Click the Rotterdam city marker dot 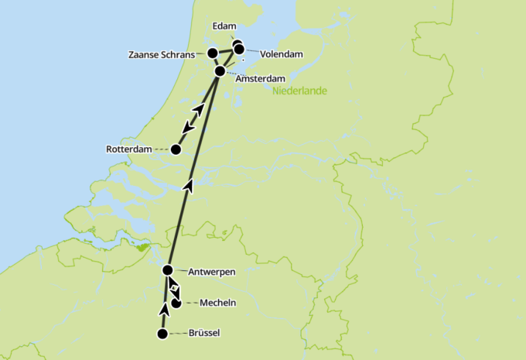[176, 149]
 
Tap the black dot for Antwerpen [168, 270]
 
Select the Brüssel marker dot [162, 334]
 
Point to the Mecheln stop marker [176, 303]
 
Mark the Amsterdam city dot [220, 71]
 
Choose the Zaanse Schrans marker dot [212, 53]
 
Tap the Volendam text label [281, 54]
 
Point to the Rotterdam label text [128, 149]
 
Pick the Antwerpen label [211, 271]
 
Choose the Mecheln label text [217, 303]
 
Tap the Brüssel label [204, 334]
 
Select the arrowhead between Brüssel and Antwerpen [164, 310]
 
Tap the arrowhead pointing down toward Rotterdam [188, 127]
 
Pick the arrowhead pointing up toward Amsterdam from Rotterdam [199, 109]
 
